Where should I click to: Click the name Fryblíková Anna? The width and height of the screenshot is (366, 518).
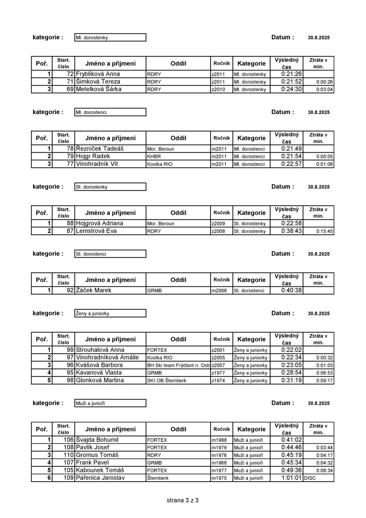(x=98, y=74)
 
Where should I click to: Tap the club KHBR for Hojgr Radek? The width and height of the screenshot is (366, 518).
(x=151, y=156)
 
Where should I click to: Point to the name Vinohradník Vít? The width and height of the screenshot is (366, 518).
(x=97, y=164)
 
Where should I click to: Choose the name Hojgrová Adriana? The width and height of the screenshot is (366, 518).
(x=100, y=223)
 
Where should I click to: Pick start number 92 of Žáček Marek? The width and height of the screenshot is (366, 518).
(x=70, y=291)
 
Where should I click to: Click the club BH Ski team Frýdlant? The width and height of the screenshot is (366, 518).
(x=178, y=365)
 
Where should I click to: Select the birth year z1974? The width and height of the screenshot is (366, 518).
(x=218, y=381)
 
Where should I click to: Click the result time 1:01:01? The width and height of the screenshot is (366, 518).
(x=288, y=478)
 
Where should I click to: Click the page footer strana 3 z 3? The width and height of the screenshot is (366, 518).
(x=182, y=500)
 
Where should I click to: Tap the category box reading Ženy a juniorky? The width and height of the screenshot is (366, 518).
(x=110, y=313)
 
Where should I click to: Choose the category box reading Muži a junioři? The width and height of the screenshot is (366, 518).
(x=110, y=403)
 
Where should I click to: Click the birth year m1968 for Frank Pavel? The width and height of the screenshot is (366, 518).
(x=218, y=463)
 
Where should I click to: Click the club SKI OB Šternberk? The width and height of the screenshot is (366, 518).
(x=166, y=381)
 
